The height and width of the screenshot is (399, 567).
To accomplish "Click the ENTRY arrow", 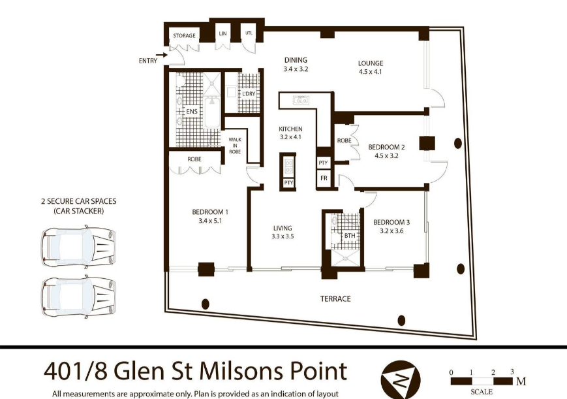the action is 162,55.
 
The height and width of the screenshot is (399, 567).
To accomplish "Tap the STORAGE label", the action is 184,35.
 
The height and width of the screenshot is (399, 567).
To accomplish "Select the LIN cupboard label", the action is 222,33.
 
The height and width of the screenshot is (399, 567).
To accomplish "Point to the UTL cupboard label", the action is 249,33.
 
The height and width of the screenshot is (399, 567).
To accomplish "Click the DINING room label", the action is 296,60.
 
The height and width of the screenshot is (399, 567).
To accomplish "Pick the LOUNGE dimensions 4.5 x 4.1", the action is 371,72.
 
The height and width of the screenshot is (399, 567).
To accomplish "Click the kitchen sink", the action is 301,99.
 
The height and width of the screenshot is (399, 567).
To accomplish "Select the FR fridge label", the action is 324,178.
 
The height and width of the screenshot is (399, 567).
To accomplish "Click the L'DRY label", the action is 249,93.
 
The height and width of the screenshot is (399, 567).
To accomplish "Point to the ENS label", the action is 192,111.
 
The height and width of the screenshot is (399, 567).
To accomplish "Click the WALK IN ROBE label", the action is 235,146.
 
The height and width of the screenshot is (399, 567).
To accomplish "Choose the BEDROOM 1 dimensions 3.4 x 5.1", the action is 210,221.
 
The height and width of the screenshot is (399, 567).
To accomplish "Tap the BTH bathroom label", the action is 350,236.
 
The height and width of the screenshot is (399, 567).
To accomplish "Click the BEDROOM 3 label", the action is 391,222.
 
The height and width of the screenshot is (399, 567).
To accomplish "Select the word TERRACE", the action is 335,298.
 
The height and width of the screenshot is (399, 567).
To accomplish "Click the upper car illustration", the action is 78,247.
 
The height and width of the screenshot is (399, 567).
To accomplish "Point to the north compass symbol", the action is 401,380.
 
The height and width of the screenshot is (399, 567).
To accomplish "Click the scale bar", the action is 482,381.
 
